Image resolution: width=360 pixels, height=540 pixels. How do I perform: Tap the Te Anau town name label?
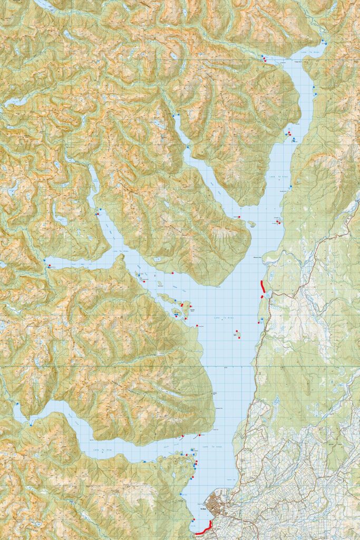click(x=203, y=509)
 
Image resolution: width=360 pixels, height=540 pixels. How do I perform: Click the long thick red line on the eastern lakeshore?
click(x=262, y=286)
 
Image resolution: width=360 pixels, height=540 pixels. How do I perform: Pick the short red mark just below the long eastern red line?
click(x=261, y=297)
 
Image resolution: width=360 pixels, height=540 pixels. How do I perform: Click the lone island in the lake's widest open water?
click(x=238, y=334)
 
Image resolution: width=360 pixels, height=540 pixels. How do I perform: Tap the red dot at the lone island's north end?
click(x=237, y=331)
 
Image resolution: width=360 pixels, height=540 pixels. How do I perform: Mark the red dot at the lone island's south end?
click(x=239, y=337)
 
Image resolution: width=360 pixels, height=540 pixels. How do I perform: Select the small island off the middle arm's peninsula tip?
click(x=252, y=224)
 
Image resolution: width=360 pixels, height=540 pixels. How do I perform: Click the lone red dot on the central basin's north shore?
click(x=172, y=273)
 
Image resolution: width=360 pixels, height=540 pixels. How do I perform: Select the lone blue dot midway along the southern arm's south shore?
click(x=143, y=461)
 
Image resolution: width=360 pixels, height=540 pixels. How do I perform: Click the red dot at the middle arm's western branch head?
click(x=49, y=266)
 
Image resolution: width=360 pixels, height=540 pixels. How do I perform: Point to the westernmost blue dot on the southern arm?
click(x=17, y=403)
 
